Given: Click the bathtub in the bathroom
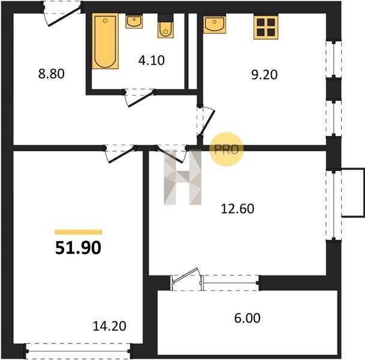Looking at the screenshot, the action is click(x=105, y=41).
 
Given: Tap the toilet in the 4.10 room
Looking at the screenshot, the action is click(x=165, y=26).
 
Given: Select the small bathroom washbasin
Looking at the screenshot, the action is click(x=134, y=22).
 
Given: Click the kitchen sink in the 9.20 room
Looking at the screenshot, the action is click(x=215, y=24).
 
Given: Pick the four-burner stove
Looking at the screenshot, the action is click(x=266, y=27).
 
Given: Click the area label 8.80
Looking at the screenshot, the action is click(x=51, y=74).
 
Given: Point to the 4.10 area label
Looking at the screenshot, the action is click(x=151, y=60).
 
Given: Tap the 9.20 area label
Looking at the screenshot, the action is click(x=264, y=75).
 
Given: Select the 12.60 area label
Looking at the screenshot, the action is click(x=237, y=209).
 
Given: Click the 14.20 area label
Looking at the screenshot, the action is click(x=110, y=326).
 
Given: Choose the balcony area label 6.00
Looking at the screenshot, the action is click(x=247, y=318).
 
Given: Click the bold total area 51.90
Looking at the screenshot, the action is click(x=78, y=247).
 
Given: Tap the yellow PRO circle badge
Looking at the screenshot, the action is click(x=227, y=149).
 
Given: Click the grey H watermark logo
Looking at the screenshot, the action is click(x=182, y=177).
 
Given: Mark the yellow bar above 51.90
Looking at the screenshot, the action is click(x=78, y=232).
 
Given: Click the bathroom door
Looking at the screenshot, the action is click(x=138, y=97).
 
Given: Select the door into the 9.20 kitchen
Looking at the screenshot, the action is click(x=206, y=121).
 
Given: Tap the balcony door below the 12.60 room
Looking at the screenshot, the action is click(x=186, y=278).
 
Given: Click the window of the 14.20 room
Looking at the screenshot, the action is click(x=78, y=351).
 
